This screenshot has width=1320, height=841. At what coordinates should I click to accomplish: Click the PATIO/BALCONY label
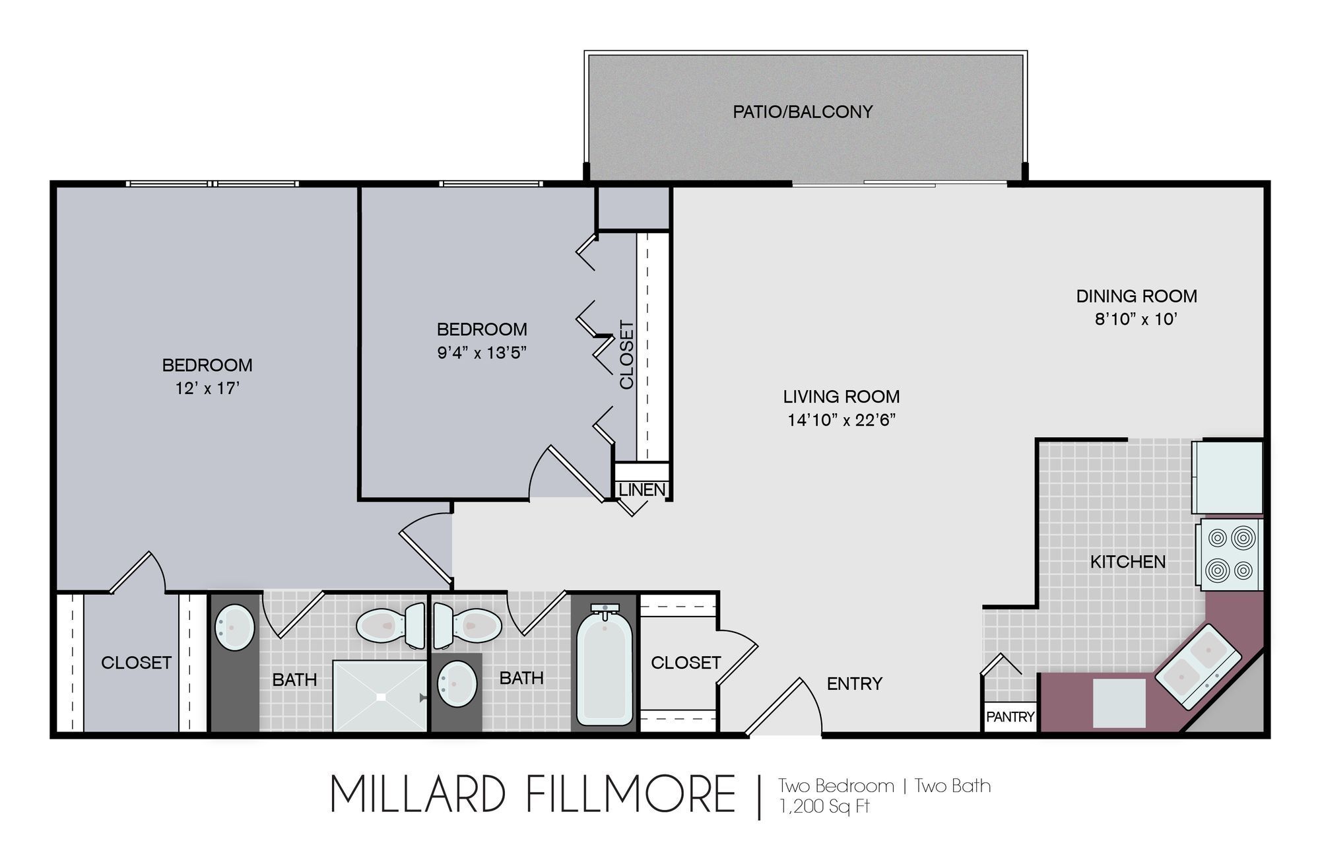click(x=803, y=112)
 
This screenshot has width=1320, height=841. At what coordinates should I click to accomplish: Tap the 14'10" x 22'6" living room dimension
click(x=841, y=420)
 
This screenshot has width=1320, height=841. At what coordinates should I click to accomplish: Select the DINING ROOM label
click(x=1137, y=296)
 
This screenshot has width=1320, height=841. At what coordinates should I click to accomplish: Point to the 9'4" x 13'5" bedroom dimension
click(x=482, y=353)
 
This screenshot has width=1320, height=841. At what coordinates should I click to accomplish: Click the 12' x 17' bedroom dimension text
click(x=207, y=388)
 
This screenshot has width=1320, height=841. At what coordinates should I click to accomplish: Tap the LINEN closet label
click(x=642, y=490)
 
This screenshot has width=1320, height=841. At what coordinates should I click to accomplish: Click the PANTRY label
click(x=1010, y=716)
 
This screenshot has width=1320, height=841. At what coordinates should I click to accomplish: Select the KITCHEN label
click(x=1127, y=562)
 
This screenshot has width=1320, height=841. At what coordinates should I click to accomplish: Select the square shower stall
click(x=380, y=696)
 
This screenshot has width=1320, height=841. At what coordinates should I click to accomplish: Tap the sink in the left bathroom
click(x=235, y=627)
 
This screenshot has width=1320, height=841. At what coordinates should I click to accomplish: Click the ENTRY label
click(x=854, y=684)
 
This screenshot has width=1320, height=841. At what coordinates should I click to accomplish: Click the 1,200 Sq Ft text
click(x=824, y=807)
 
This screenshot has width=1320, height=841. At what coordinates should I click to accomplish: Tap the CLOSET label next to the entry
click(x=686, y=662)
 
